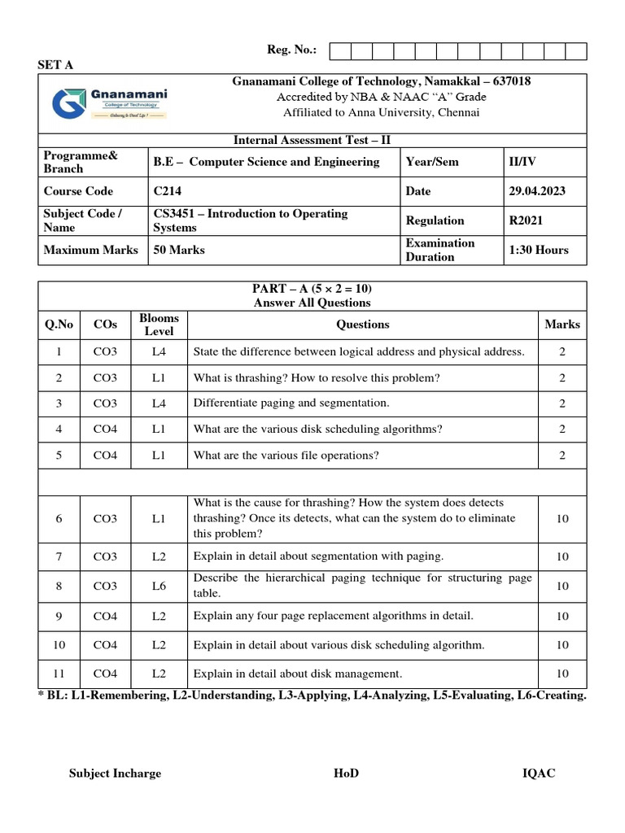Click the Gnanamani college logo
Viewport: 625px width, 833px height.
coord(109,103)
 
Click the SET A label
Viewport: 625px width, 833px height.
coord(55,65)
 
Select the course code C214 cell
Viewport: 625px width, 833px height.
coord(168,191)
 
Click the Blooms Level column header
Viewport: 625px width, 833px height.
coord(159,325)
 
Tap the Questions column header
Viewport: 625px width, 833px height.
coord(362,325)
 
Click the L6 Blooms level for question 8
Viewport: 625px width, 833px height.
coord(159,586)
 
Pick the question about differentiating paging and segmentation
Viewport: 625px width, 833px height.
coord(291,403)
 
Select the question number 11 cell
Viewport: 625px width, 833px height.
coord(59,674)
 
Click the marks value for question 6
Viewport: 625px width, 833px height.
coord(562,518)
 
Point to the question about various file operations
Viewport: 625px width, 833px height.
coord(286,456)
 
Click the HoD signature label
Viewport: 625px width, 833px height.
coord(346,773)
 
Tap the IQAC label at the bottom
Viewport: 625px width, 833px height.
coord(539,773)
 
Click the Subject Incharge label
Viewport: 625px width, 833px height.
coord(115,773)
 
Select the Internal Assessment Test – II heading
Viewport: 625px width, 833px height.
coord(312,140)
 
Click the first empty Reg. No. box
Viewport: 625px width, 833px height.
coord(339,51)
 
